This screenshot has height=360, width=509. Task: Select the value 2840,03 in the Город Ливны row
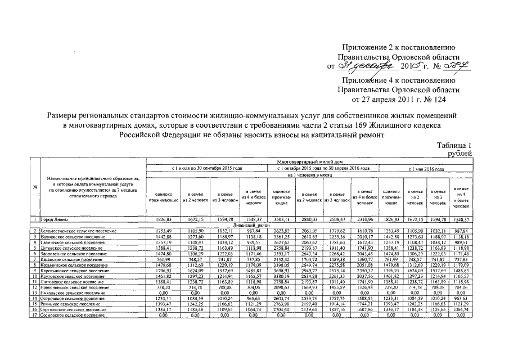(308, 218)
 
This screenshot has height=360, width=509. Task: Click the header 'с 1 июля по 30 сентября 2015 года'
(206, 168)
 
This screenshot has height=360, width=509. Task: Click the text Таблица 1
(454, 146)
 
